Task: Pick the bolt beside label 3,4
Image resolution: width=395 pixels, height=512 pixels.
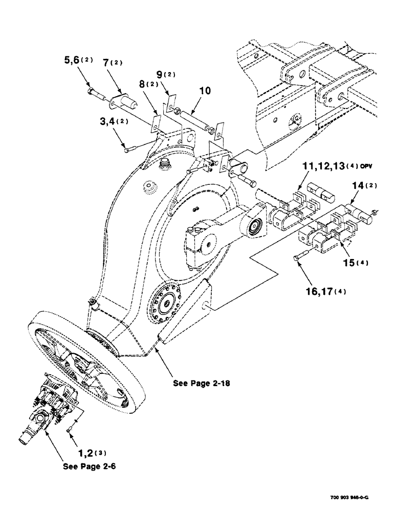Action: (131, 148)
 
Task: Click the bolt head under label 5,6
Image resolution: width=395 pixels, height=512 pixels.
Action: (91, 92)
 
